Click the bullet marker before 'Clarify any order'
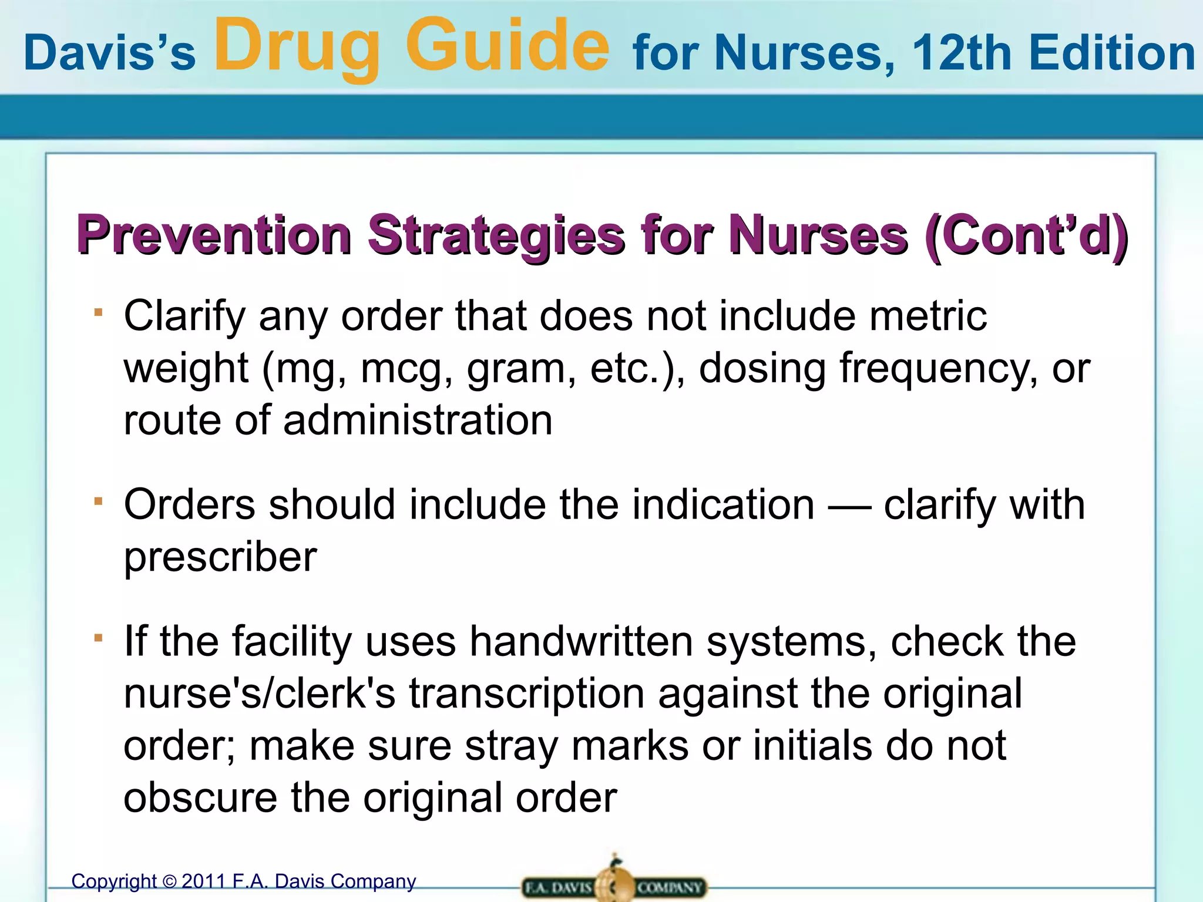(98, 312)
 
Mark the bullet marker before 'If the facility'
(98, 637)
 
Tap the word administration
(418, 420)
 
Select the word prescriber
(220, 557)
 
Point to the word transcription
(527, 693)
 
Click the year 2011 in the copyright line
(203, 881)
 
